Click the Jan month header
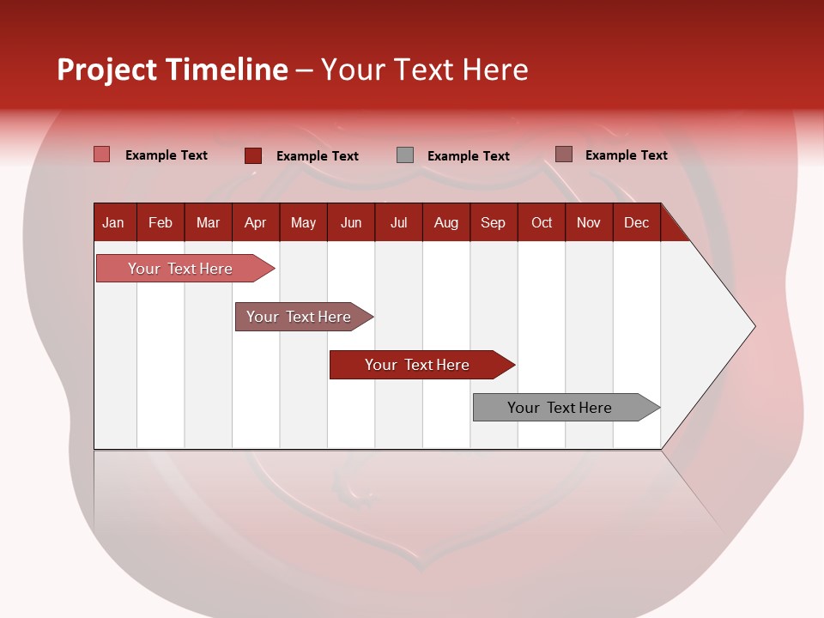point(113,223)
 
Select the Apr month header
point(256,223)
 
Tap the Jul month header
point(399,223)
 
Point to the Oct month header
point(542,223)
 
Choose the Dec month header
point(636,223)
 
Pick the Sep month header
point(493,223)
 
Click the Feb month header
point(161,223)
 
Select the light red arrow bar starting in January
point(185,268)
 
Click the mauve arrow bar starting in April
point(304,317)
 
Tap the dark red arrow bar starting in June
point(422,365)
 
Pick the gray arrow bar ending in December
point(566,407)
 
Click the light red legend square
point(101,154)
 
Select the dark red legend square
point(253,155)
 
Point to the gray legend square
point(405,155)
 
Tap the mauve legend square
point(564,154)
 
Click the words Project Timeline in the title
point(173,70)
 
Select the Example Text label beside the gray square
point(469,156)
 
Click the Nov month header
point(589,223)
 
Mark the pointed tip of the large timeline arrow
point(755,326)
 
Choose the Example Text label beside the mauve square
point(627,155)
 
